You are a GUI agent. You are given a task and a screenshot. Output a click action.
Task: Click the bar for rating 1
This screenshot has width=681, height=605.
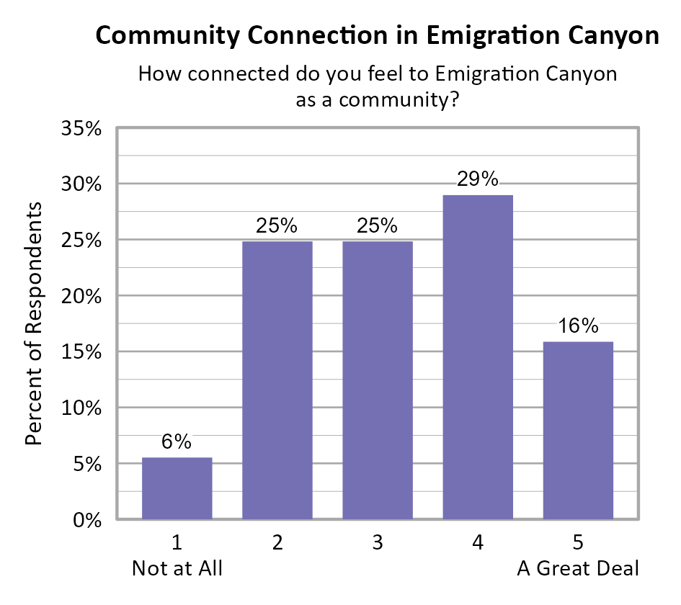[x=177, y=488]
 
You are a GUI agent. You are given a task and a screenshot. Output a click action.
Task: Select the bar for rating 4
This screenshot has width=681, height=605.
[x=478, y=357]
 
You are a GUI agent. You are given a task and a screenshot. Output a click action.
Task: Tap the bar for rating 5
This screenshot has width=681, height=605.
[x=578, y=430]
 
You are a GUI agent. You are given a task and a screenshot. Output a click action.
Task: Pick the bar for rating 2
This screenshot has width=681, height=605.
[x=277, y=380]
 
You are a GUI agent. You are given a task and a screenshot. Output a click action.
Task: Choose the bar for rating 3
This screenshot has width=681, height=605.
[x=378, y=380]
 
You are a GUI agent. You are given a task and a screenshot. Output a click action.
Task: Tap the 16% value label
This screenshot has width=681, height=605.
[x=578, y=326]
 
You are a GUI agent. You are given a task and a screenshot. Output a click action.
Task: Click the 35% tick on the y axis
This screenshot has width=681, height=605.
[x=80, y=130]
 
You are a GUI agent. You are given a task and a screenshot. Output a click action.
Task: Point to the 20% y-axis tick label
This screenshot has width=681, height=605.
[x=80, y=297]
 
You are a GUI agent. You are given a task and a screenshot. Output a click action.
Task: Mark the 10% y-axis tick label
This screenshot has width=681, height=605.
[x=80, y=408]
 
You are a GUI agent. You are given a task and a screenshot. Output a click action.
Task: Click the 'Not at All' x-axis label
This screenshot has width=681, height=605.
[x=177, y=569]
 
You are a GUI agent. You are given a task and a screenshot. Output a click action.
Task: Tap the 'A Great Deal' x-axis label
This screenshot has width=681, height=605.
[x=578, y=569]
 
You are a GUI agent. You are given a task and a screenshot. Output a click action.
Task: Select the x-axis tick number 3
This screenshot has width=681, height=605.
[x=378, y=543]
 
